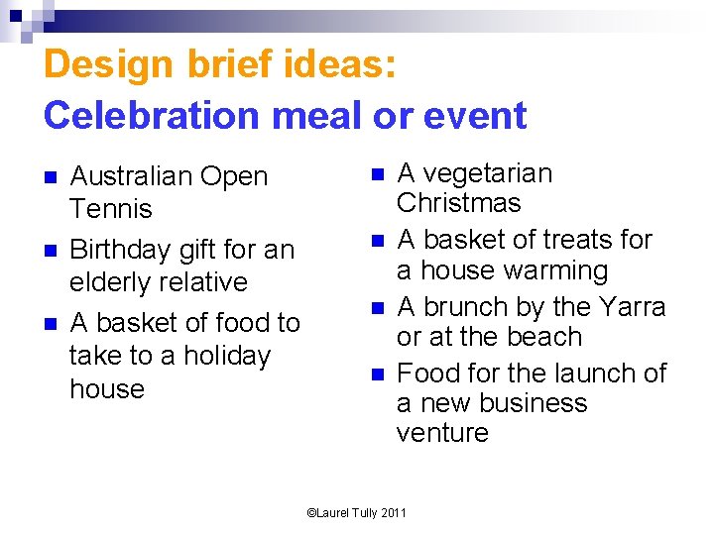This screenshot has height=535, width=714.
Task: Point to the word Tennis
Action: point(111,209)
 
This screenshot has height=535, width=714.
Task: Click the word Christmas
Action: point(458,203)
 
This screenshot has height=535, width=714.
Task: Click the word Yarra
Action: point(633,306)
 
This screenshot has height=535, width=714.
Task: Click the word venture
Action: point(442,433)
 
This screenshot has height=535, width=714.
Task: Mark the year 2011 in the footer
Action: point(392,513)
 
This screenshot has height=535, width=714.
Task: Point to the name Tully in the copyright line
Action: point(362,513)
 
